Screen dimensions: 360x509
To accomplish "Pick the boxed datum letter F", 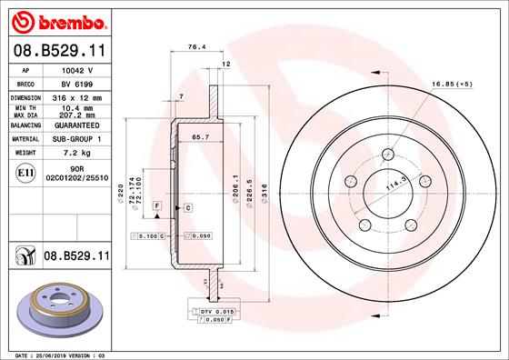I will pos(158,208).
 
